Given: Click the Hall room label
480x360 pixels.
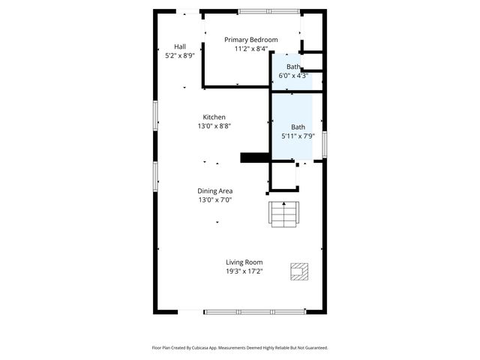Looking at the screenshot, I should pyautogui.click(x=180, y=46).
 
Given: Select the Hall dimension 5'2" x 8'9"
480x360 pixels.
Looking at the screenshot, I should pyautogui.click(x=180, y=55).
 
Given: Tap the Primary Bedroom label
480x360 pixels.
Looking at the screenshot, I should pyautogui.click(x=251, y=40).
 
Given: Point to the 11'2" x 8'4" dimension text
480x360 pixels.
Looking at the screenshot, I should pyautogui.click(x=251, y=49).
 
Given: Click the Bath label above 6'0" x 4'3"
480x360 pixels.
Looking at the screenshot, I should pyautogui.click(x=293, y=67).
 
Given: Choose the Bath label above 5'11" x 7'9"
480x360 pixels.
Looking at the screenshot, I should pyautogui.click(x=298, y=127).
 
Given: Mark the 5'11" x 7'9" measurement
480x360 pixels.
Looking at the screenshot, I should pyautogui.click(x=298, y=136).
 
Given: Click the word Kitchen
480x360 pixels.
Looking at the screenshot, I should pyautogui.click(x=214, y=117).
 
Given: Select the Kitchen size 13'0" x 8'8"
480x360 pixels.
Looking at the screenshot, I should pyautogui.click(x=214, y=126).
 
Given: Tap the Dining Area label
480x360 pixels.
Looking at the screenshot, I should pyautogui.click(x=214, y=191).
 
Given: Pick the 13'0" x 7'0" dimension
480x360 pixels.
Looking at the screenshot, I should pyautogui.click(x=214, y=200).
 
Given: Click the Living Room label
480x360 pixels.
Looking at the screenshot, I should pyautogui.click(x=244, y=262).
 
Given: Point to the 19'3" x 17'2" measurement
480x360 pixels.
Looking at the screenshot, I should pyautogui.click(x=244, y=271).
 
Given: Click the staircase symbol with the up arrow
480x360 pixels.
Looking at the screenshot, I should pyautogui.click(x=284, y=214).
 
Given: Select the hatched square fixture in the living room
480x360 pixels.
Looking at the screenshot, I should pyautogui.click(x=298, y=270).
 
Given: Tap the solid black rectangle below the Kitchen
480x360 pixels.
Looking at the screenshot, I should pyautogui.click(x=253, y=157).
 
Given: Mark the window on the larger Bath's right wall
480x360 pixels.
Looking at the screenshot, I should pyautogui.click(x=325, y=143).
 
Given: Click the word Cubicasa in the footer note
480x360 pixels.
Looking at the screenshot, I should pyautogui.click(x=199, y=348).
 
